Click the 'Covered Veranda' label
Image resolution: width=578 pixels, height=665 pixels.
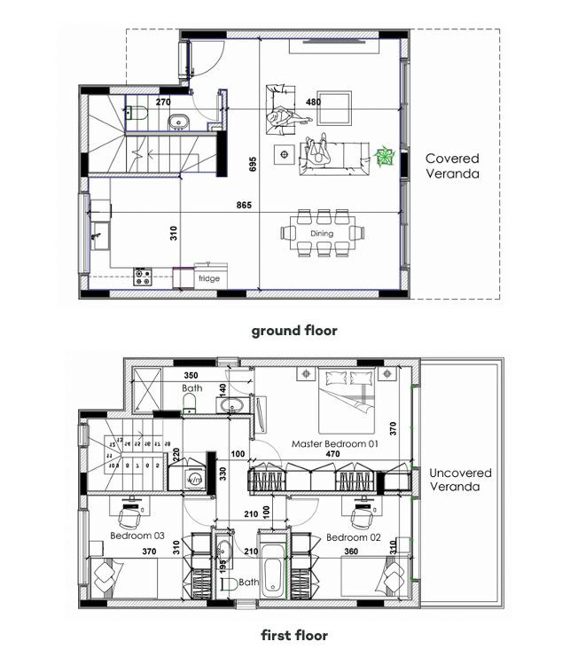[x=452, y=167]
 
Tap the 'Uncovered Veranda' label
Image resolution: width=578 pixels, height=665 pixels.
[x=460, y=480]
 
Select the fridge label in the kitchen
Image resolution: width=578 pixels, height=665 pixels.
[x=209, y=278]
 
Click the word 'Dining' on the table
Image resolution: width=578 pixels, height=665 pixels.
[x=322, y=234]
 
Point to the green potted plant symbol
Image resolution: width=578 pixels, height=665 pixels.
[x=386, y=158]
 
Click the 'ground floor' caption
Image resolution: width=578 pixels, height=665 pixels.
[x=293, y=331]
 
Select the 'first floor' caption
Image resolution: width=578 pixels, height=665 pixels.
[x=293, y=635]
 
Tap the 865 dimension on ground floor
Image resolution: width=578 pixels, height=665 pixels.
[x=244, y=206]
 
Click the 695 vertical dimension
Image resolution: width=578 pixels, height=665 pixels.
[x=253, y=164]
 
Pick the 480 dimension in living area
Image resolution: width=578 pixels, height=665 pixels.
[x=313, y=102]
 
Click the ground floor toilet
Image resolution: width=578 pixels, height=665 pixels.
[x=136, y=113]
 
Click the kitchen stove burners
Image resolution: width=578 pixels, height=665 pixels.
[x=143, y=277]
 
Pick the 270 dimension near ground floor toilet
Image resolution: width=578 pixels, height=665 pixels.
[x=163, y=102]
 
